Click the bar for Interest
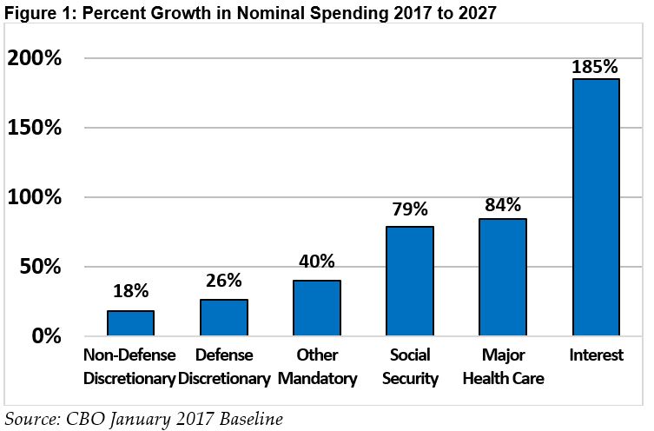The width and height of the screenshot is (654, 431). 595,207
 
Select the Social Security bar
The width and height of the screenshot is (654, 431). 409,281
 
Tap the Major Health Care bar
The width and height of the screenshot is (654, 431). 502,277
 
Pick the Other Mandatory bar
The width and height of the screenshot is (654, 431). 316,308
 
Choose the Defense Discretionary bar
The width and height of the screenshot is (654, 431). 223,317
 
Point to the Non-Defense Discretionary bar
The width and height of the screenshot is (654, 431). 130,322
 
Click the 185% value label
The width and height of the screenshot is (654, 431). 595,66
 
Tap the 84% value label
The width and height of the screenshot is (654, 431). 502,205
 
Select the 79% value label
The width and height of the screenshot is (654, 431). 409,210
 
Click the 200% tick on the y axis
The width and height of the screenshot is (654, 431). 34,59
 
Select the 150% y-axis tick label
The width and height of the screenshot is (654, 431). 34,129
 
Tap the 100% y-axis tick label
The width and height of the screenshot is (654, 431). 34,198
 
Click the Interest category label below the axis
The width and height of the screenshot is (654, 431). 595,355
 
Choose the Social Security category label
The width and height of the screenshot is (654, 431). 409,367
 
